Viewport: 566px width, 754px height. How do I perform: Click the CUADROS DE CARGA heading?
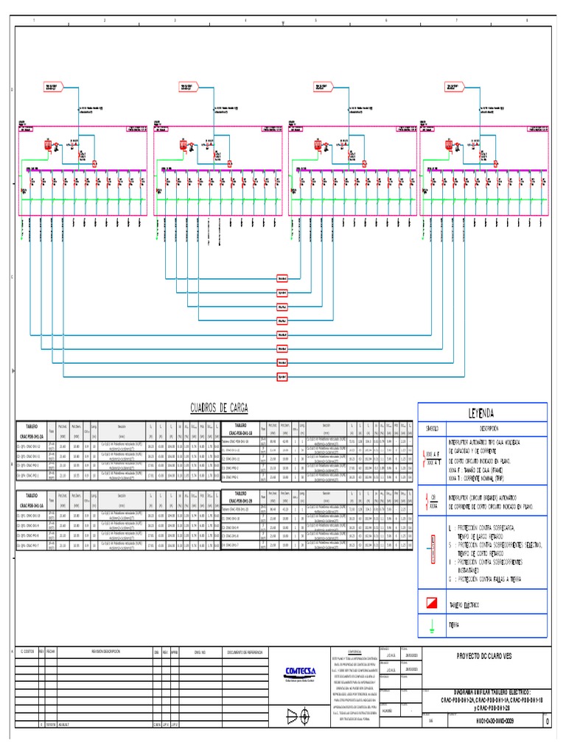coord(219,408)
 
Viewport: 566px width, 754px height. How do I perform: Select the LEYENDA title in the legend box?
coord(482,413)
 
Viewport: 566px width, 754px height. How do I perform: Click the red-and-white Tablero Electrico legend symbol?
coord(433,604)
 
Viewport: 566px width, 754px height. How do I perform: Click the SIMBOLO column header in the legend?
coord(433,428)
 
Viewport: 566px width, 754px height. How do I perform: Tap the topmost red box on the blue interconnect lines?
coord(282,278)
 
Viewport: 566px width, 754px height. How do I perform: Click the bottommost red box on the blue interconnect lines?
coord(282,377)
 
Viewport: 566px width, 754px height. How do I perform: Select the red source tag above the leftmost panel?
coord(52,87)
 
